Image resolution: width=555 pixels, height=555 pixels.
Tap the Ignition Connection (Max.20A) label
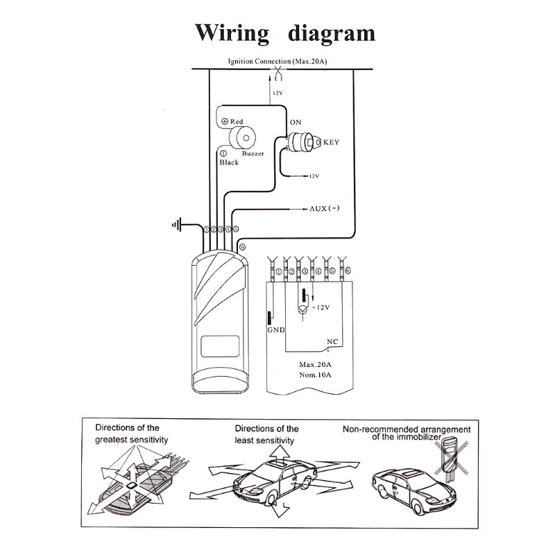[x=277, y=62]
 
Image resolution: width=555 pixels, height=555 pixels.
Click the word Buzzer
[x=253, y=154]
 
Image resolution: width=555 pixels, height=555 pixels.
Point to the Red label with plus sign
[x=232, y=121]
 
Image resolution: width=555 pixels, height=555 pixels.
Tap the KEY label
[x=332, y=144]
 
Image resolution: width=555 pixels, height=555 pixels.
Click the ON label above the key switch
[x=295, y=122]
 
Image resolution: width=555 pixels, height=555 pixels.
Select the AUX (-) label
[x=328, y=208]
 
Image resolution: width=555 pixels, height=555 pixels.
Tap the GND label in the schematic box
[x=276, y=330]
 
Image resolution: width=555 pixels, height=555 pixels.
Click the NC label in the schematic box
[x=332, y=341]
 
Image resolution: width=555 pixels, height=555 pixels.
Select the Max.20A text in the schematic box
[x=315, y=364]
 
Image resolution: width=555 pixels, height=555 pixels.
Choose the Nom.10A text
[x=315, y=375]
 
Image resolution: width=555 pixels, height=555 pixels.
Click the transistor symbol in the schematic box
[x=303, y=307]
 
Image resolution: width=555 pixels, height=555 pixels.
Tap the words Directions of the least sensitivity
[x=266, y=434]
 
